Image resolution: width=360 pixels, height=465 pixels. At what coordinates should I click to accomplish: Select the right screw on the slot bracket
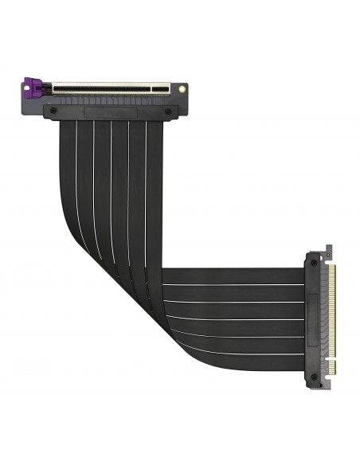168,111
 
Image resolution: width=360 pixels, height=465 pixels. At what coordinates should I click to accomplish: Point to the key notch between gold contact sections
331,360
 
